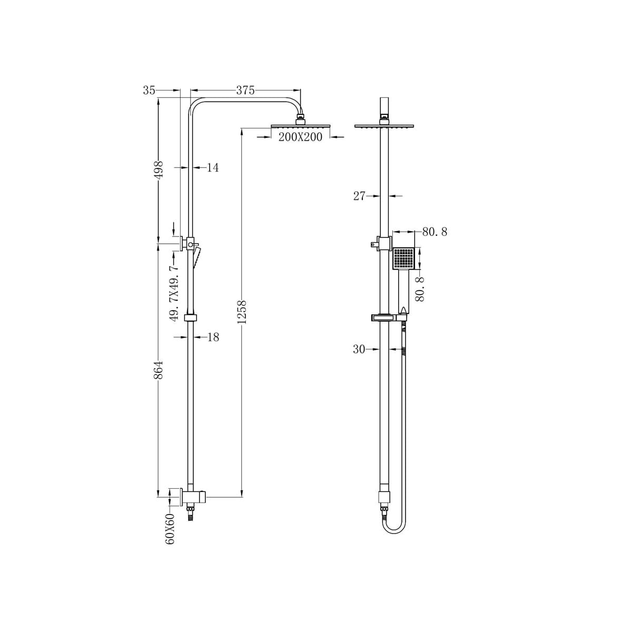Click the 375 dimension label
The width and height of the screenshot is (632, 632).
(245, 91)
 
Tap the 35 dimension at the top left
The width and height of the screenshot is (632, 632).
(149, 91)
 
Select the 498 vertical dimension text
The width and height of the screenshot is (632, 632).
(159, 170)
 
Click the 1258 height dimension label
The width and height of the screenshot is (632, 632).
(242, 312)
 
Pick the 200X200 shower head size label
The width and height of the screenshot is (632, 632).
(300, 137)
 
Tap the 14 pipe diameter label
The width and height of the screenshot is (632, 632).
(213, 168)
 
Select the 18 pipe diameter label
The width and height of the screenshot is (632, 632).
(213, 337)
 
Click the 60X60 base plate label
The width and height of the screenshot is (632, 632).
(170, 529)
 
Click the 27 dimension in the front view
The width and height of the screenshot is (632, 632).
(359, 196)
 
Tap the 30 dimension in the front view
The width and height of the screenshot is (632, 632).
(359, 349)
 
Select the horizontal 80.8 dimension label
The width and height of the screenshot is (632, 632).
(434, 232)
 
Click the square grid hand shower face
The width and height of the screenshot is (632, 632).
(404, 259)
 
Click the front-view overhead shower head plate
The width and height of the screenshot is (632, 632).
(384, 126)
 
